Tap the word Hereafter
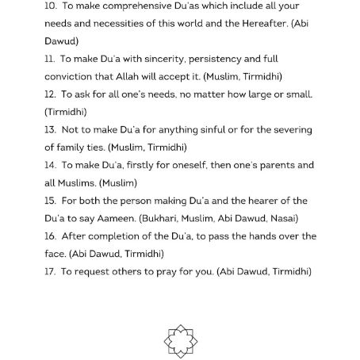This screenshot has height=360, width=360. click(x=262, y=23)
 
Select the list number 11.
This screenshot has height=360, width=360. click(x=50, y=59)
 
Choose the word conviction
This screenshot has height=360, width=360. click(x=71, y=77)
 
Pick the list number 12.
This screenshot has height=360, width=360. click(x=50, y=94)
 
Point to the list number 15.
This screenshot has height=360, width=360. click(x=50, y=201)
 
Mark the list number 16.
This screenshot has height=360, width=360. click(x=50, y=237)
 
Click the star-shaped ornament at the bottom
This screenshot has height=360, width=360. click(x=180, y=341)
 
